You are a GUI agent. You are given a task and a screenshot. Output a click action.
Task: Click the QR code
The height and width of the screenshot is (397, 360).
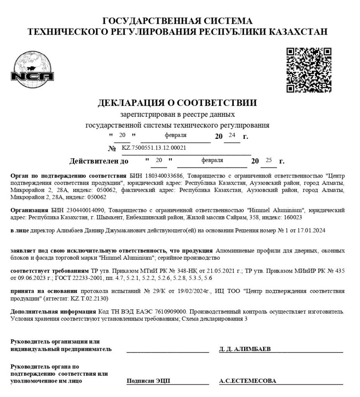pyautogui.click(x=308, y=70)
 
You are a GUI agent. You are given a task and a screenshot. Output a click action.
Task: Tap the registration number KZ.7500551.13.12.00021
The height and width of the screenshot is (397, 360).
pyautogui.click(x=154, y=148)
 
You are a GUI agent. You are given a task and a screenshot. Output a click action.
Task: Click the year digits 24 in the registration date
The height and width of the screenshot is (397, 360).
pyautogui.click(x=232, y=135)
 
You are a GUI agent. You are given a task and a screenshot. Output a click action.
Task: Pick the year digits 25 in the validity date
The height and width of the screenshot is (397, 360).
pyautogui.click(x=269, y=160)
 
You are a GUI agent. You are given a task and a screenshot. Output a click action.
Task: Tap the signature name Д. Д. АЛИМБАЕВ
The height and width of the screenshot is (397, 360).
pyautogui.click(x=245, y=349)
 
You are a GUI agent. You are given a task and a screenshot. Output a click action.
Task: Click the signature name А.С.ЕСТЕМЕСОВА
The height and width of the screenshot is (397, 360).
pyautogui.click(x=248, y=381)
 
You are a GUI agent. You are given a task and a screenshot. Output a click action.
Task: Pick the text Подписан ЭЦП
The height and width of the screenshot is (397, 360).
pyautogui.click(x=148, y=381)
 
